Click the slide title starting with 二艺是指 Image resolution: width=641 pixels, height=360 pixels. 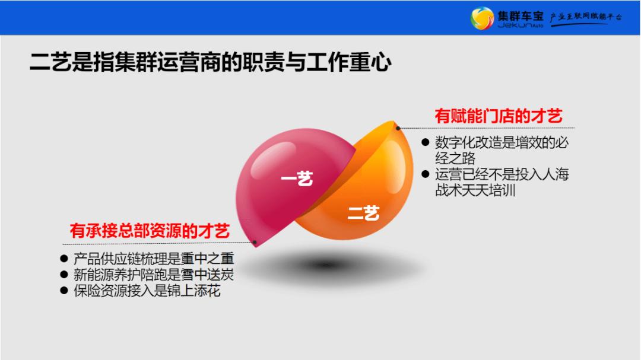click(x=210, y=62)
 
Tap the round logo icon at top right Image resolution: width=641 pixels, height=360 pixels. click(x=481, y=18)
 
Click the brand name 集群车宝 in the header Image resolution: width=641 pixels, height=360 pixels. click(x=521, y=14)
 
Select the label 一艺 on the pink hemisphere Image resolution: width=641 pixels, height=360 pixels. click(x=297, y=179)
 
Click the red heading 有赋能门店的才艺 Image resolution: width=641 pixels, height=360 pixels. click(x=498, y=116)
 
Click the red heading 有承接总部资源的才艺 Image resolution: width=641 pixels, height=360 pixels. click(x=150, y=231)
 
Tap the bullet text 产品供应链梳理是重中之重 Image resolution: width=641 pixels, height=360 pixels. click(x=154, y=259)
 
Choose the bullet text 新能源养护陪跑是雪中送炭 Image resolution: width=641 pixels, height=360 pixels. click(x=154, y=275)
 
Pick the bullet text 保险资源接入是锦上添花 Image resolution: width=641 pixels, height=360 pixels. click(x=147, y=291)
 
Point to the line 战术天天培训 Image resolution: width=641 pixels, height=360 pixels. click(x=475, y=191)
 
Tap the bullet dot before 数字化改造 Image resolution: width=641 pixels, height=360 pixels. click(x=424, y=143)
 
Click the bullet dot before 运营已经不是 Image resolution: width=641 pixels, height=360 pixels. click(x=424, y=175)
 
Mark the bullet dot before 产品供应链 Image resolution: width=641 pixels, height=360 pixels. click(x=64, y=259)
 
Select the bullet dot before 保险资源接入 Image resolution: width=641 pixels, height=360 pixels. click(x=64, y=291)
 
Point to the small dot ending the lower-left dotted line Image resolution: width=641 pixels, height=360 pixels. click(x=255, y=243)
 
